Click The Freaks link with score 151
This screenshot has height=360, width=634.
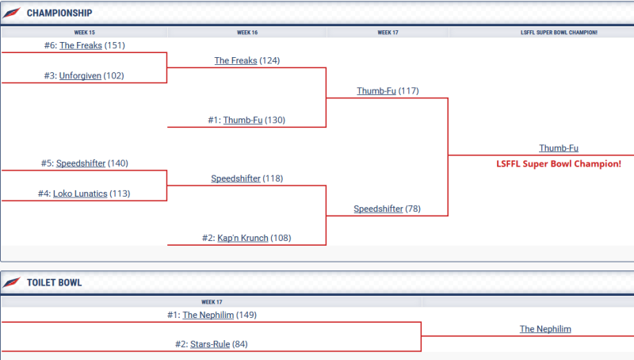80,46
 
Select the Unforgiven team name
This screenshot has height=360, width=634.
80,76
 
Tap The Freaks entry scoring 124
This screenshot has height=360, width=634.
235,61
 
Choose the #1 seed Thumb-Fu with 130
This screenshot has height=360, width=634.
242,121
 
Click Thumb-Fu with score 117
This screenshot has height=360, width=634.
376,91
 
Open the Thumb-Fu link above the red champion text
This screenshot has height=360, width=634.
559,148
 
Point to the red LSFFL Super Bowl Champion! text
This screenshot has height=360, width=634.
559,163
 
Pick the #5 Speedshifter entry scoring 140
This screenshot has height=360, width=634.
80,163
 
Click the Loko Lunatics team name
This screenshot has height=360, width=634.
80,193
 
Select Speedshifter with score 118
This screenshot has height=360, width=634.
235,178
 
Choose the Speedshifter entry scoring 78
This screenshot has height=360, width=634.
378,209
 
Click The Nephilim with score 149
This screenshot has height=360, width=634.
208,315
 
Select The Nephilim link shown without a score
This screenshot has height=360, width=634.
545,329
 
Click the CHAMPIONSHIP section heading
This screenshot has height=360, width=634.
59,13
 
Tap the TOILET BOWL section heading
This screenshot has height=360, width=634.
54,283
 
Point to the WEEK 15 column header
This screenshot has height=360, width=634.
84,33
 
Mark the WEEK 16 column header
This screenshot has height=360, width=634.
247,33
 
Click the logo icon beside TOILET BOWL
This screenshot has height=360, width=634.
12,283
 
